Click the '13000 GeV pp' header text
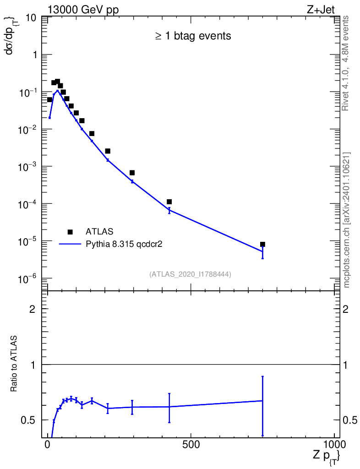83,10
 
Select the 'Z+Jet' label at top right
321,10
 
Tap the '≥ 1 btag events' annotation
193,36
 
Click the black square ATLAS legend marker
70,232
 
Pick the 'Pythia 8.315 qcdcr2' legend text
124,245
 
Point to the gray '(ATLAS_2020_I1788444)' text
190,274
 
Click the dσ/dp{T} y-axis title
11,35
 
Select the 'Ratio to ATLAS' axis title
14,364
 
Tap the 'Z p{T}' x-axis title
327,456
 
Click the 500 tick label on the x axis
191,444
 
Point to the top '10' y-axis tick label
31,18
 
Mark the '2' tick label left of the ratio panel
32,309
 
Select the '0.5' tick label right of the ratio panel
350,420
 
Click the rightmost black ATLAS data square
262,245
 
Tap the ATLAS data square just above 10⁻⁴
169,202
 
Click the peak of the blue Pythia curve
57,90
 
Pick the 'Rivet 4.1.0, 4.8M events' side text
345,63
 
